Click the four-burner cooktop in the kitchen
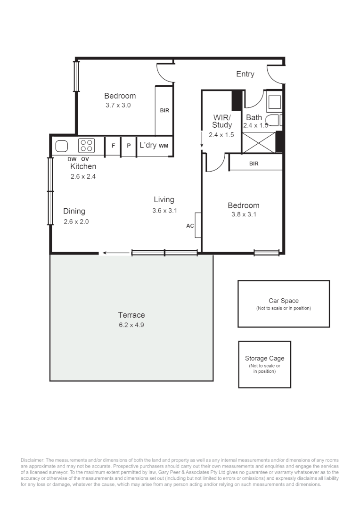pos(86,146)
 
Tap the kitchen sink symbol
pos(61,147)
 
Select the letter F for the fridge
pos(113,146)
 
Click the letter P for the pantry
pos(129,146)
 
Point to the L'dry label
pos(148,145)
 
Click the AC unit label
pos(190,226)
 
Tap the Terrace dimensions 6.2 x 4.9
pos(131,325)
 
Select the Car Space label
pos(283,301)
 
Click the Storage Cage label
pos(264,358)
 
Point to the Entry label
pos(245,74)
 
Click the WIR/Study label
pos(222,121)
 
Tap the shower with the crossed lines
pos(259,142)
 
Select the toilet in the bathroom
pos(274,120)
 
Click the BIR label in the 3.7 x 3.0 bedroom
pos(164,110)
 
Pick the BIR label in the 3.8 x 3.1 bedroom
pos(254,164)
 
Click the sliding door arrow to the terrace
pos(116,253)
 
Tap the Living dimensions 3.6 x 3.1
pos(164,211)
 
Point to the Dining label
pos(74,211)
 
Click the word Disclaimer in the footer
pos(32,460)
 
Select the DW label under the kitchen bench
pos(72,159)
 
